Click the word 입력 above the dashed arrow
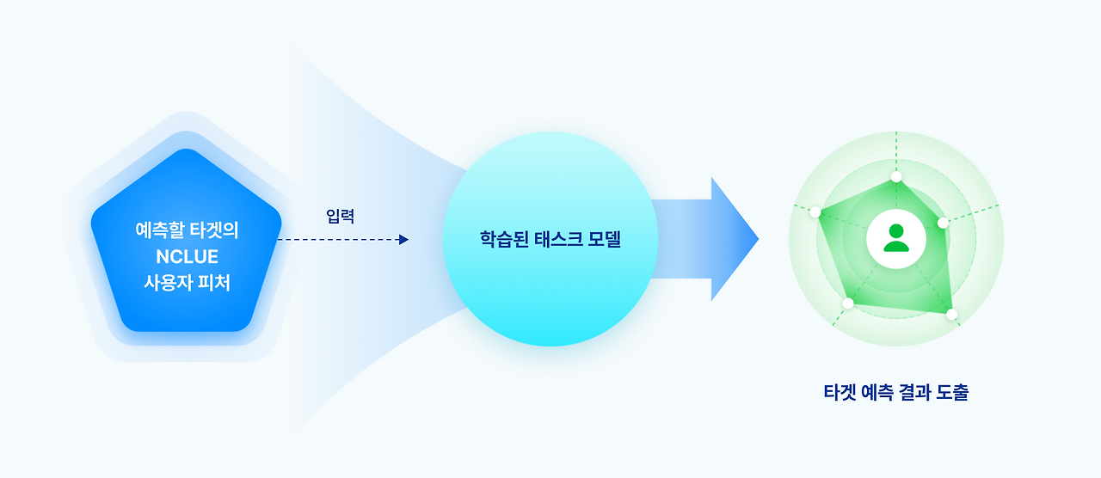341,217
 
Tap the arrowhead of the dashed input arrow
403,240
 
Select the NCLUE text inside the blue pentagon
187,256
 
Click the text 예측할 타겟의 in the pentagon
187,230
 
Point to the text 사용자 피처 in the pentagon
187,282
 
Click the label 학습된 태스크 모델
550,240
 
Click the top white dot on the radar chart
896,177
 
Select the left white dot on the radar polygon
816,212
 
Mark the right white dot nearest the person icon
943,223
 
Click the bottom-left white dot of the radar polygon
848,303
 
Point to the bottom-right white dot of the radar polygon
951,315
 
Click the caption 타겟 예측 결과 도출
895,393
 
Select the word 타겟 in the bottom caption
840,393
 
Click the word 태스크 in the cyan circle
553,240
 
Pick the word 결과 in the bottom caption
913,393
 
